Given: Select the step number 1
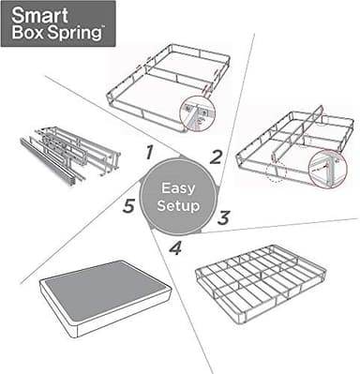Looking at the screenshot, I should click(147, 151).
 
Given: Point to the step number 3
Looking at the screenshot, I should click(223, 217).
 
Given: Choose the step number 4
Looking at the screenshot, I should click(175, 248).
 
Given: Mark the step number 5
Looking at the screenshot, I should click(127, 205).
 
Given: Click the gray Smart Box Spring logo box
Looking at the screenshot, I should click(58, 24).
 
